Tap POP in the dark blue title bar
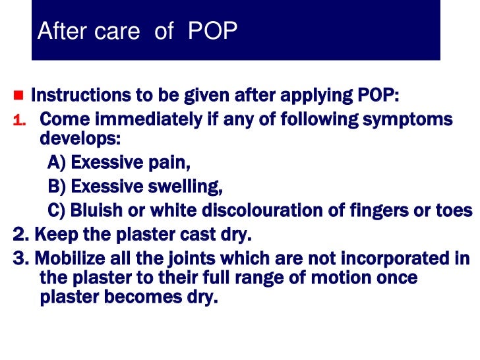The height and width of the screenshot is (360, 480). pyautogui.click(x=212, y=31)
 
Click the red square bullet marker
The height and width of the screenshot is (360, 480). pyautogui.click(x=18, y=96)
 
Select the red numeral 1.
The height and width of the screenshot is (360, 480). pyautogui.click(x=18, y=121)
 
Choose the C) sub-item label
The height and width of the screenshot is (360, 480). pyautogui.click(x=57, y=210)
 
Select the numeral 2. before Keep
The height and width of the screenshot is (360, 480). pyautogui.click(x=21, y=234)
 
